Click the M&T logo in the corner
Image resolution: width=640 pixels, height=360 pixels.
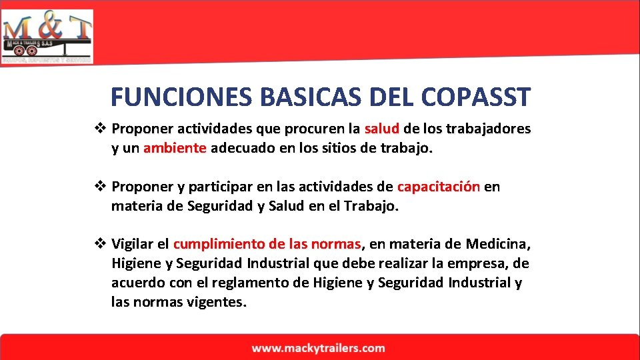click(x=47, y=36)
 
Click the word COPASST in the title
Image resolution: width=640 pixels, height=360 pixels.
click(x=476, y=97)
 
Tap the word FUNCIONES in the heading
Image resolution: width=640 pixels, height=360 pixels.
click(x=179, y=97)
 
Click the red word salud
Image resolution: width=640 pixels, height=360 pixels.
click(x=382, y=129)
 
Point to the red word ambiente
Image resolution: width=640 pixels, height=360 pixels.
click(x=175, y=148)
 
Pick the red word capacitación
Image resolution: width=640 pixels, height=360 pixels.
click(x=439, y=187)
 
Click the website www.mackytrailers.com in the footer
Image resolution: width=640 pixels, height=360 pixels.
click(x=319, y=348)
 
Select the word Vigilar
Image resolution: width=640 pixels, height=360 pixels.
click(x=135, y=245)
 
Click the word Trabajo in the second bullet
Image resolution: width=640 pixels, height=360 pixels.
click(x=371, y=206)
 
